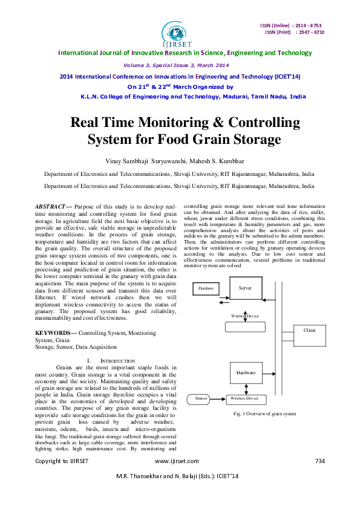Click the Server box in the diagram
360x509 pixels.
245,288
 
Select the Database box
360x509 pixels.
206,288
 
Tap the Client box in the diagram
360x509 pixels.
309,330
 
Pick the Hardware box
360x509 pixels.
245,372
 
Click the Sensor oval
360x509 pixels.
201,398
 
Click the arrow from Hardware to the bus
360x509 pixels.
269,372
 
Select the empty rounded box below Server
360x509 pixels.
245,327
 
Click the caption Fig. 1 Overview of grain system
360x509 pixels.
264,413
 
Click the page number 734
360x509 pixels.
320,461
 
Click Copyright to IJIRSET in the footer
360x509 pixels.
62,461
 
